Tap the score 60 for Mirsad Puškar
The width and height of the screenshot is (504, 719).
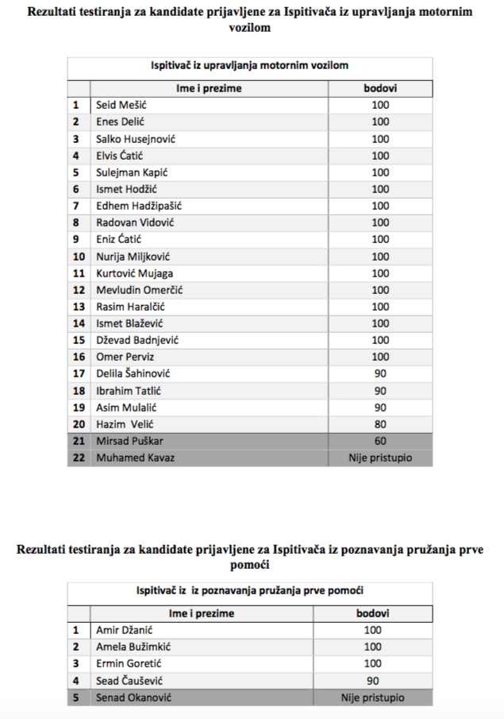[380, 441]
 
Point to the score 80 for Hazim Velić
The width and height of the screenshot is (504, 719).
[380, 424]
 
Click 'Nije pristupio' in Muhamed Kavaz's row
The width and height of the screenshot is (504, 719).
[380, 458]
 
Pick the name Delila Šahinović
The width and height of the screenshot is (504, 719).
[133, 373]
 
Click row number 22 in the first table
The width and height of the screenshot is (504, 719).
[79, 458]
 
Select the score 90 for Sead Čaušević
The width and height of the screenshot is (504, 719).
[372, 681]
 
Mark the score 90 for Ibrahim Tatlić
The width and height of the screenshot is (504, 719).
[380, 390]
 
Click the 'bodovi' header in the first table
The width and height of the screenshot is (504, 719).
[380, 88]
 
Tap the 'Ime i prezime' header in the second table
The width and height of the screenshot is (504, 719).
[202, 613]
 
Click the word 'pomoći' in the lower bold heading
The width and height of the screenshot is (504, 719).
[252, 564]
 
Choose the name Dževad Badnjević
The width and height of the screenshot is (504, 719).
[137, 340]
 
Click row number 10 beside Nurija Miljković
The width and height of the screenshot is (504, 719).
[79, 257]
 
